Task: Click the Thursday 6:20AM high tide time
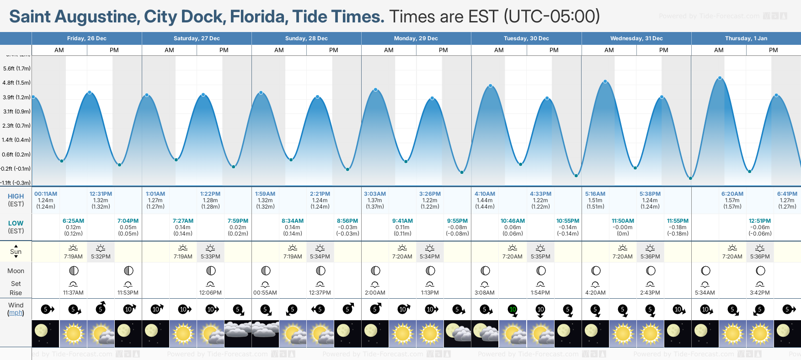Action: (x=732, y=194)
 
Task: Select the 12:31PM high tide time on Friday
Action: (x=101, y=194)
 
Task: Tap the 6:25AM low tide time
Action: (x=73, y=221)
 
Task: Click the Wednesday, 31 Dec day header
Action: (x=636, y=38)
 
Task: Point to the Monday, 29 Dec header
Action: (x=416, y=38)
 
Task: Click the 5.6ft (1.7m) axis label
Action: (x=17, y=69)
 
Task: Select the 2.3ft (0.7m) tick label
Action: (x=17, y=126)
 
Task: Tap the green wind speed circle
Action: (x=513, y=310)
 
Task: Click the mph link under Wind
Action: (x=16, y=313)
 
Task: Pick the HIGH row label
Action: (x=16, y=196)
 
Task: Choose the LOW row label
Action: (x=16, y=223)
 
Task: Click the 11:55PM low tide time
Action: (x=678, y=221)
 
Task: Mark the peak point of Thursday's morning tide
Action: (x=720, y=78)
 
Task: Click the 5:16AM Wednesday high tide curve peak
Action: (x=605, y=82)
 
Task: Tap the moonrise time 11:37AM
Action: (x=73, y=293)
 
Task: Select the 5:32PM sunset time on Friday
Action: (x=101, y=257)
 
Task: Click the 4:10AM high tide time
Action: (x=485, y=194)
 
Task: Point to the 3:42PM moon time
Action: (x=760, y=293)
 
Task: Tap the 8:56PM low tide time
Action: (x=347, y=221)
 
